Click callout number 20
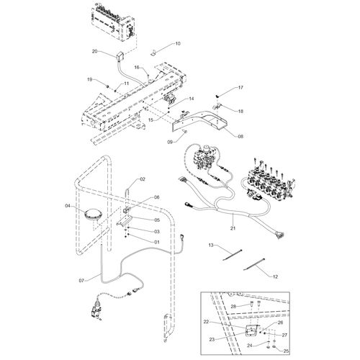[94, 51]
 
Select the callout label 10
[178, 44]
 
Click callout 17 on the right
[240, 87]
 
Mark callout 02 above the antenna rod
[143, 179]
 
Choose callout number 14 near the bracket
[191, 98]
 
